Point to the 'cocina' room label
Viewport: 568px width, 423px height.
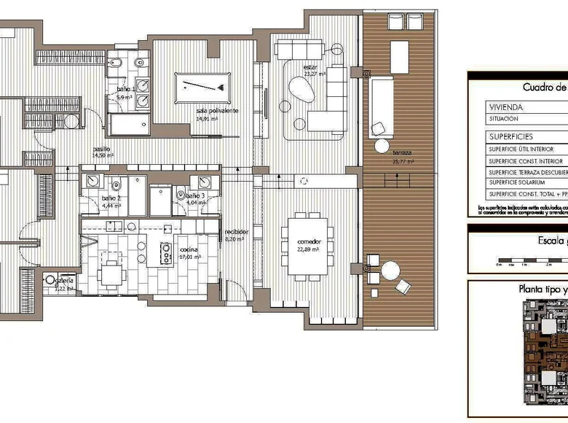(189, 249)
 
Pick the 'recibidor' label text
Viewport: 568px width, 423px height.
(237, 232)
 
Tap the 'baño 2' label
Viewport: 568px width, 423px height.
(111, 198)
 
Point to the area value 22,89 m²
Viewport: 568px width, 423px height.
(308, 249)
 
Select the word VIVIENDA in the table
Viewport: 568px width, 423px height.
(505, 106)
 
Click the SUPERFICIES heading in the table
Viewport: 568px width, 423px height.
(510, 136)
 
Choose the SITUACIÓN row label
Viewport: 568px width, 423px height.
(503, 118)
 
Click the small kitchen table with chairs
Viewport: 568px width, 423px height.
(111, 273)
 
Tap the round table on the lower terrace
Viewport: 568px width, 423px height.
(392, 271)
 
